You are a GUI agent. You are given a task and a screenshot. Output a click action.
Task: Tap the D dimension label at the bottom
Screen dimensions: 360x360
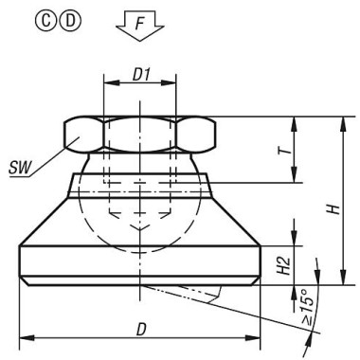tap(140, 329)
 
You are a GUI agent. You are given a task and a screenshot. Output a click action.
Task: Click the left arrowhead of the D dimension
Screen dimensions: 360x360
tap(24, 339)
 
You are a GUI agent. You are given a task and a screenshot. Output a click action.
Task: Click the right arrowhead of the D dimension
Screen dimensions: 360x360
tap(257, 339)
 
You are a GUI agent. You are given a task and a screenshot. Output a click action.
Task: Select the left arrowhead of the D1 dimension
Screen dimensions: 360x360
tap(103, 85)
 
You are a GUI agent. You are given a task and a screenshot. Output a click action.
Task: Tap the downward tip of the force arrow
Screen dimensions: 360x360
tap(139, 42)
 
